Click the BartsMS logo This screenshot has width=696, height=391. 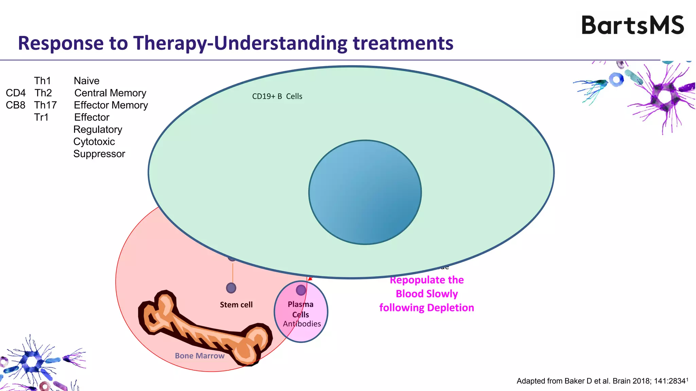632,25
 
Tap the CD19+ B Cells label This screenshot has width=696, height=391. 277,96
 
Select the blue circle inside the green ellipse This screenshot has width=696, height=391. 365,192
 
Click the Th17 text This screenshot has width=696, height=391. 45,105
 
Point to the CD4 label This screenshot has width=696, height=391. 16,93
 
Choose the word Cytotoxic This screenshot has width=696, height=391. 94,142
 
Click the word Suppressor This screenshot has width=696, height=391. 99,154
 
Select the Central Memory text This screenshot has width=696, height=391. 110,93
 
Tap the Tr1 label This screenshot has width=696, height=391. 41,117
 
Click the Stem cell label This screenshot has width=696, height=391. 236,305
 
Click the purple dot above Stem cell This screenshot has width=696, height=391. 231,288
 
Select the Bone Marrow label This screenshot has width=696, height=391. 199,356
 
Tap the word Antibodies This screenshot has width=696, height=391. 302,324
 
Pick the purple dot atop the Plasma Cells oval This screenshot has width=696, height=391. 301,290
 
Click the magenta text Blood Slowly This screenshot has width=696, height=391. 427,294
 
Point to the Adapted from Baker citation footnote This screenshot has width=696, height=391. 602,381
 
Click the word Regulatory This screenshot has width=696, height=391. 98,130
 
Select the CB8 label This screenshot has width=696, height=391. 16,105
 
